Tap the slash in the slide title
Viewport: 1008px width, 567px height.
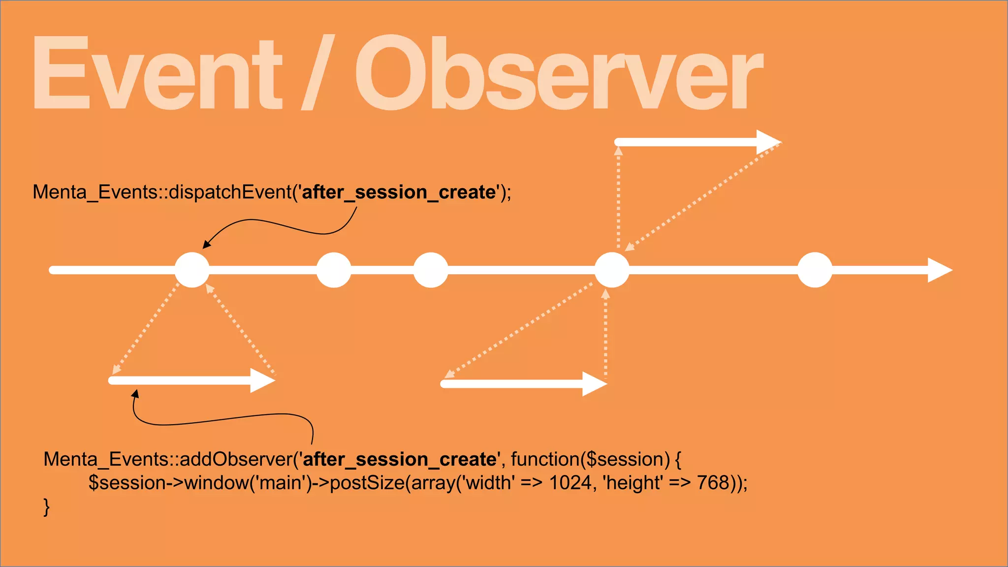[317, 73]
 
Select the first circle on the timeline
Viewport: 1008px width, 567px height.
[192, 270]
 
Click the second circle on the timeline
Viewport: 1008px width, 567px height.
[334, 270]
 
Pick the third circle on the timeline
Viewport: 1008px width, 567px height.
[431, 270]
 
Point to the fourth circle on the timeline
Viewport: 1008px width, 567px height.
[612, 270]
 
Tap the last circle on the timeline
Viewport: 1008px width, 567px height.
[815, 270]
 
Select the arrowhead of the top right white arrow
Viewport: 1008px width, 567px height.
[767, 142]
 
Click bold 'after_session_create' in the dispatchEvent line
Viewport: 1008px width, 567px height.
[399, 192]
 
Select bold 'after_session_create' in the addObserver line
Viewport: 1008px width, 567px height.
[400, 459]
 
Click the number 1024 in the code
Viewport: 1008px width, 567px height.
[570, 483]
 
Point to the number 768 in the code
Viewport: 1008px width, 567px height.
[713, 483]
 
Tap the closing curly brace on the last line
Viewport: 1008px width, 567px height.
[47, 506]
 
